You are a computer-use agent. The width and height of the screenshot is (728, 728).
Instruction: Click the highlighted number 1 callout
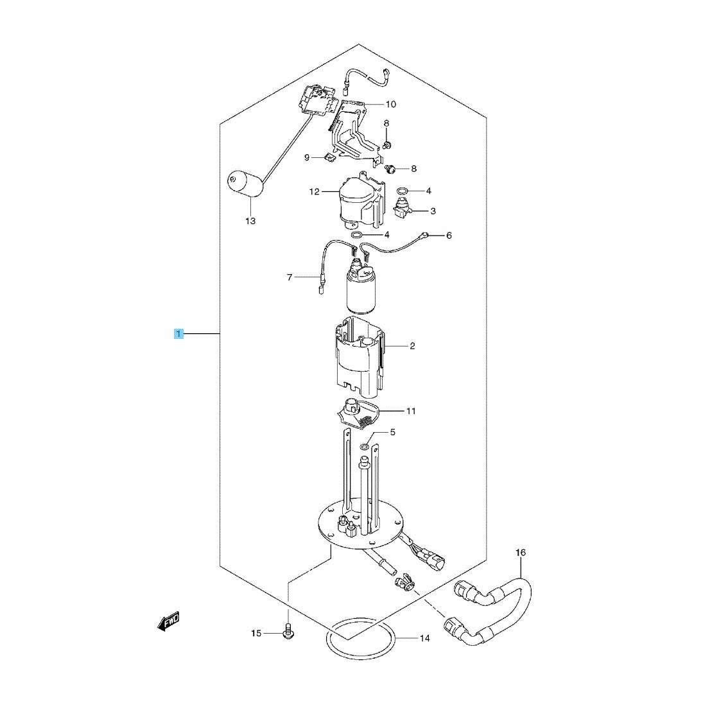178,333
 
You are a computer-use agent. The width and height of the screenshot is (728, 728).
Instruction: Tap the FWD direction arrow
169,621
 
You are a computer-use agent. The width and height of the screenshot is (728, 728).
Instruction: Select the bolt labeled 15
288,632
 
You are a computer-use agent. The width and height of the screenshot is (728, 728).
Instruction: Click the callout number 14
424,638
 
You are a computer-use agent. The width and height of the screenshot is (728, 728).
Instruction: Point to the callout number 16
521,553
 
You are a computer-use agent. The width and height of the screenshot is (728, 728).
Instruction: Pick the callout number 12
315,191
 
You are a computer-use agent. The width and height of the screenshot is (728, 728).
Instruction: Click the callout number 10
391,104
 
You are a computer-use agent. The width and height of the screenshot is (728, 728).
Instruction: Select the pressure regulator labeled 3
401,207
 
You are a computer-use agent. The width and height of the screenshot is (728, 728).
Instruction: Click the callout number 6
449,236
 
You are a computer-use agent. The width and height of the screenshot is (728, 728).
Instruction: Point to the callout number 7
290,277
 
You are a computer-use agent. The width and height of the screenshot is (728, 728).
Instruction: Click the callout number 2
412,346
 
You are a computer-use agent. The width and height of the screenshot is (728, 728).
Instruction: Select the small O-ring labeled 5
365,447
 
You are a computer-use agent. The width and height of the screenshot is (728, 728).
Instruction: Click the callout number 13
250,221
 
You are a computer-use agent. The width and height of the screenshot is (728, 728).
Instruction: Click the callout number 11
410,411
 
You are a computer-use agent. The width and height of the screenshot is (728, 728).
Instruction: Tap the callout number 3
433,211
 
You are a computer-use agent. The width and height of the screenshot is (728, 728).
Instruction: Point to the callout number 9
306,158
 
